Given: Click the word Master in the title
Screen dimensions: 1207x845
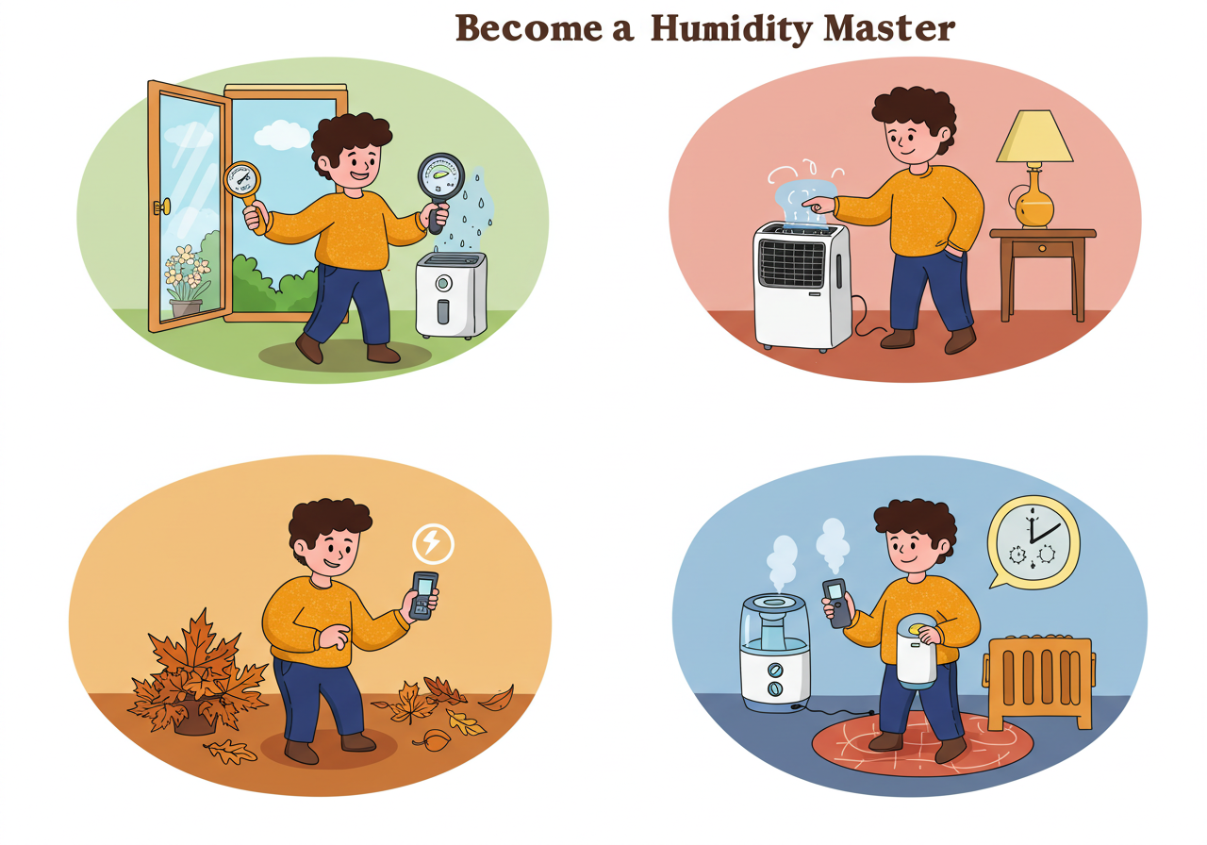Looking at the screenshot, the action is pos(889,28).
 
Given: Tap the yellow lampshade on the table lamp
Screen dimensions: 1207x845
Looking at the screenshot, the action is pos(1034,137).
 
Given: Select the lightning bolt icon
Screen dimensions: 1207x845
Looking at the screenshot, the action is pos(433,543).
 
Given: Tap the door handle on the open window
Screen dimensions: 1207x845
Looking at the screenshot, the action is pos(162,207).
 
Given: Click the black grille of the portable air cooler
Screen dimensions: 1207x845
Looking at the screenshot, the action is pos(791,263).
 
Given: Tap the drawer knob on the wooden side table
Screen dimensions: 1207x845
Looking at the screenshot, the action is pos(1042,248).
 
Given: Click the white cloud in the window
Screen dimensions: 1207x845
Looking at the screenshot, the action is pos(282,135).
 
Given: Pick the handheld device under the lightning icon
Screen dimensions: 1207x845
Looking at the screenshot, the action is pos(423,595).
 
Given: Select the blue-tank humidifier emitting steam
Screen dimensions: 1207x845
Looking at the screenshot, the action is pos(775,652).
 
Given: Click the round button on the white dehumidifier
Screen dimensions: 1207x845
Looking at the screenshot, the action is pos(443,282).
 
